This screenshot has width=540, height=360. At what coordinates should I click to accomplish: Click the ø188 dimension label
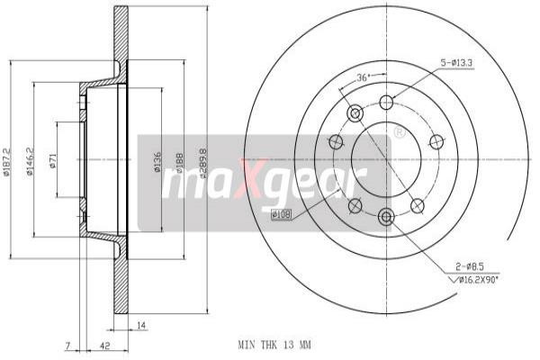click(180, 160)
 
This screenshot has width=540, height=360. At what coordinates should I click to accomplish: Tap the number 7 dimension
click(67, 345)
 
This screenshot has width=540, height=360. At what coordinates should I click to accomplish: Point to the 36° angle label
click(364, 76)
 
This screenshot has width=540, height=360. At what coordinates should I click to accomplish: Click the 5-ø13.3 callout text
click(458, 62)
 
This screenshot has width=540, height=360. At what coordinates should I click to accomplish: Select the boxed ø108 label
click(281, 214)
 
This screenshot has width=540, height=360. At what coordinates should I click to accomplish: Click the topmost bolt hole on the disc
click(387, 101)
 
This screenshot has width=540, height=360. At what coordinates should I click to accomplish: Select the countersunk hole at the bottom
click(387, 216)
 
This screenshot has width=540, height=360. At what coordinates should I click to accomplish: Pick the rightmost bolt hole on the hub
click(437, 141)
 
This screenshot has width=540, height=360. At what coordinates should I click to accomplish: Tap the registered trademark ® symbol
click(399, 132)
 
